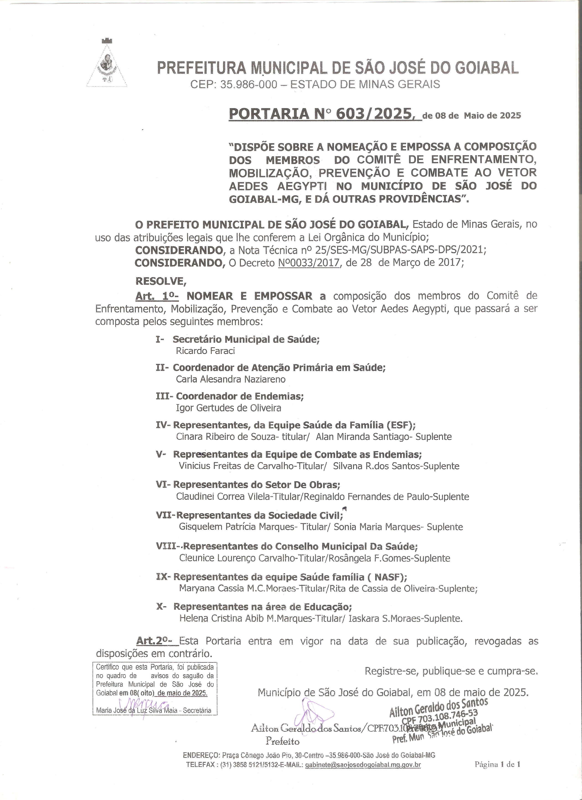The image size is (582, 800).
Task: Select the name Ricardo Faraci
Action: click(x=205, y=351)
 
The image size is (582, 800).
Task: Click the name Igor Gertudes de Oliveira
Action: click(x=228, y=408)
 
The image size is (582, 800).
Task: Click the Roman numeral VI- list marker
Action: click(x=163, y=485)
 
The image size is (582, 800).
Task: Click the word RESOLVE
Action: click(x=160, y=281)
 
